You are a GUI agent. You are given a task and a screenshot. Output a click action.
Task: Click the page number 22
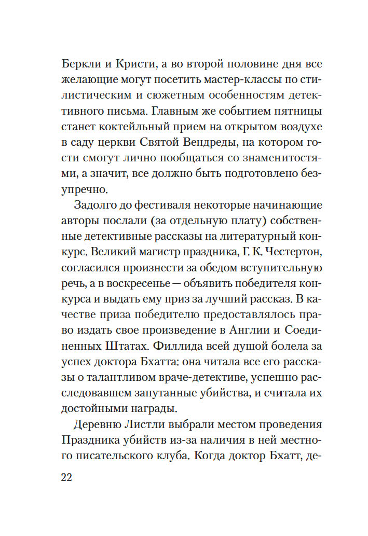click(66, 477)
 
